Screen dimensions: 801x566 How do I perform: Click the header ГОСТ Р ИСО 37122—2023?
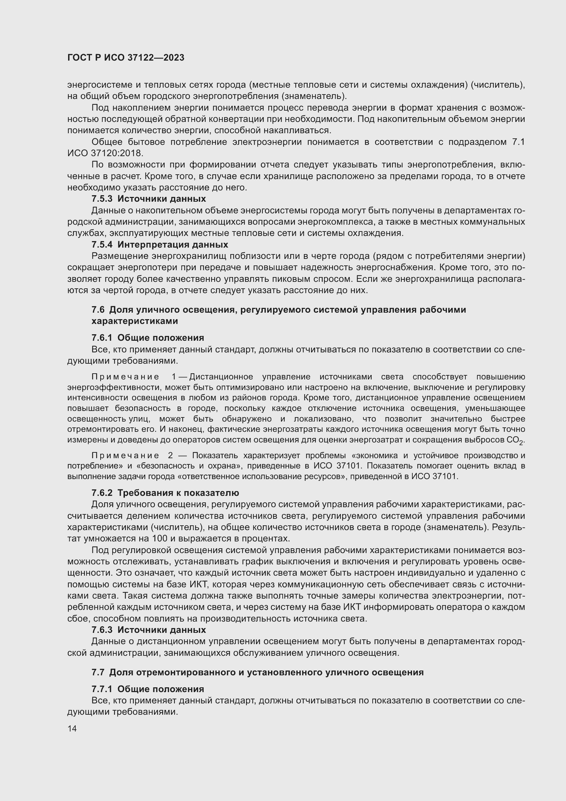pyautogui.click(x=126, y=58)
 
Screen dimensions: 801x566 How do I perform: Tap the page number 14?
pyautogui.click(x=72, y=728)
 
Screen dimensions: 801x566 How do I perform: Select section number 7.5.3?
pyautogui.click(x=102, y=199)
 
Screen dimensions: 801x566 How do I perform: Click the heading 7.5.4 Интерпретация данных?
pyautogui.click(x=159, y=245)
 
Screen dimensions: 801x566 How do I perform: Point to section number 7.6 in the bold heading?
pyautogui.click(x=98, y=310)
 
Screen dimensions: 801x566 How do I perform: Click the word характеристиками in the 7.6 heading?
pyautogui.click(x=135, y=321)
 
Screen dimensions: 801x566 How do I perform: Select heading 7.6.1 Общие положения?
pyautogui.click(x=148, y=338)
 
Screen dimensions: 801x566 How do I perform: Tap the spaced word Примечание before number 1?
pyautogui.click(x=125, y=377)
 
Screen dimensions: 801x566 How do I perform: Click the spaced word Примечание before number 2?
pyautogui.click(x=125, y=455)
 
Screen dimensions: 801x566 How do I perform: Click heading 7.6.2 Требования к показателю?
pyautogui.click(x=165, y=493)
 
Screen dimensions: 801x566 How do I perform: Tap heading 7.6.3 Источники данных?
pyautogui.click(x=149, y=630)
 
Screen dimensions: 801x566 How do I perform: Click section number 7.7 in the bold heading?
pyautogui.click(x=98, y=672)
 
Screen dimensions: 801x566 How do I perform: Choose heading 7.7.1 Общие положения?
pyautogui.click(x=148, y=689)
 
